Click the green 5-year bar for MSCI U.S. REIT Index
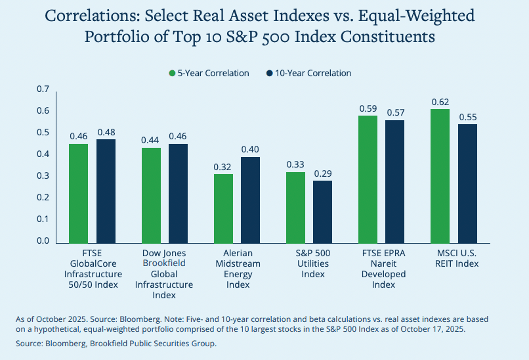coord(440,175)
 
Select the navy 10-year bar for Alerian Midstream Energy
coord(251,199)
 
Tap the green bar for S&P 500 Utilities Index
coord(295,207)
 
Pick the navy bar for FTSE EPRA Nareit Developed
coord(395,181)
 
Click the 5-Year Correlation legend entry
coord(209,74)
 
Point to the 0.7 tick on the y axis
coord(43,89)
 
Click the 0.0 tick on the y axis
coord(43,241)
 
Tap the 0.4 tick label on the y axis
coord(43,154)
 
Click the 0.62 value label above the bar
coord(440,102)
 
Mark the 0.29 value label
coord(323,173)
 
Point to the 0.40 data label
coord(251,149)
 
